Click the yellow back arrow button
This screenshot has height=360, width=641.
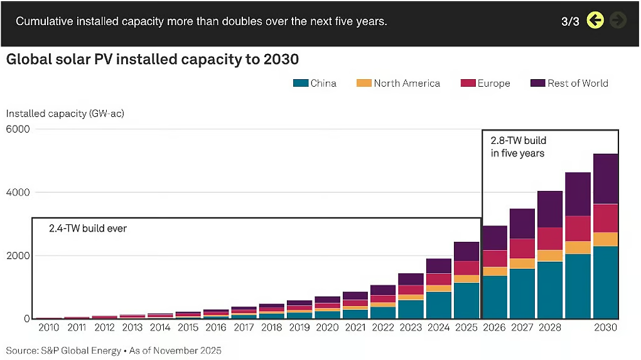(x=595, y=21)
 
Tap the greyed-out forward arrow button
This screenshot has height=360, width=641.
(x=618, y=21)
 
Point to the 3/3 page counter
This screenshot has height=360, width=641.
(x=570, y=21)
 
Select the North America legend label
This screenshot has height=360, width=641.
(x=407, y=83)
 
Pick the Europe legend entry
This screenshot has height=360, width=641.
(x=493, y=83)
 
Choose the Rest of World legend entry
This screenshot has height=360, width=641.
(x=578, y=83)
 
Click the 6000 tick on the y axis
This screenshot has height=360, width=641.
(x=18, y=129)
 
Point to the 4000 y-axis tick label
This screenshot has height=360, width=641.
(x=18, y=192)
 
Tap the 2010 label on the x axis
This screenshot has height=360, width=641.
(x=48, y=327)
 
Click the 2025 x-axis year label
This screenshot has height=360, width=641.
(x=466, y=327)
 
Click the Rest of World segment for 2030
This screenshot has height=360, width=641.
(x=606, y=178)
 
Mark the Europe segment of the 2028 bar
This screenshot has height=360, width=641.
(x=550, y=239)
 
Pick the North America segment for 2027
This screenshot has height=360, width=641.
(x=522, y=263)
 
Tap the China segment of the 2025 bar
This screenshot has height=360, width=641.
(x=466, y=300)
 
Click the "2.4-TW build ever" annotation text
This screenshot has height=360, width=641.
(x=88, y=229)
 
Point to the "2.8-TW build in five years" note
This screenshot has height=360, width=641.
(x=519, y=147)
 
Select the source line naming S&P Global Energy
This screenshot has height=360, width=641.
(x=114, y=350)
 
